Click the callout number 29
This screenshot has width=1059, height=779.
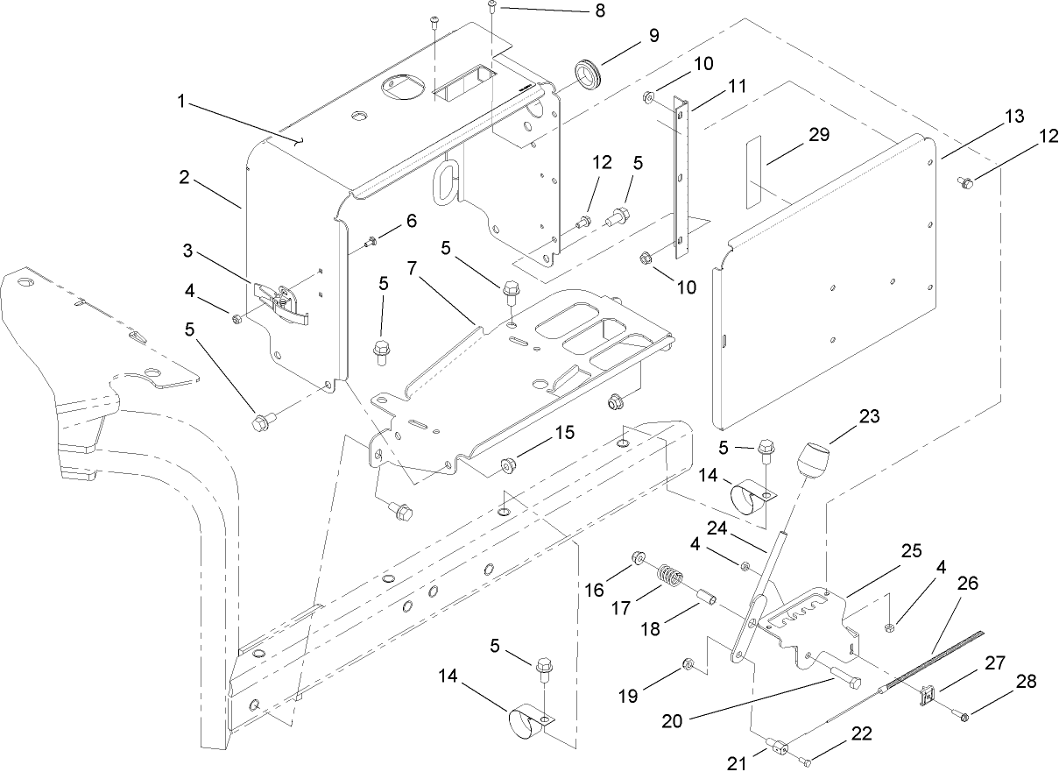819,135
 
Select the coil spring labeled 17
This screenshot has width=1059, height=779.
670,580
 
